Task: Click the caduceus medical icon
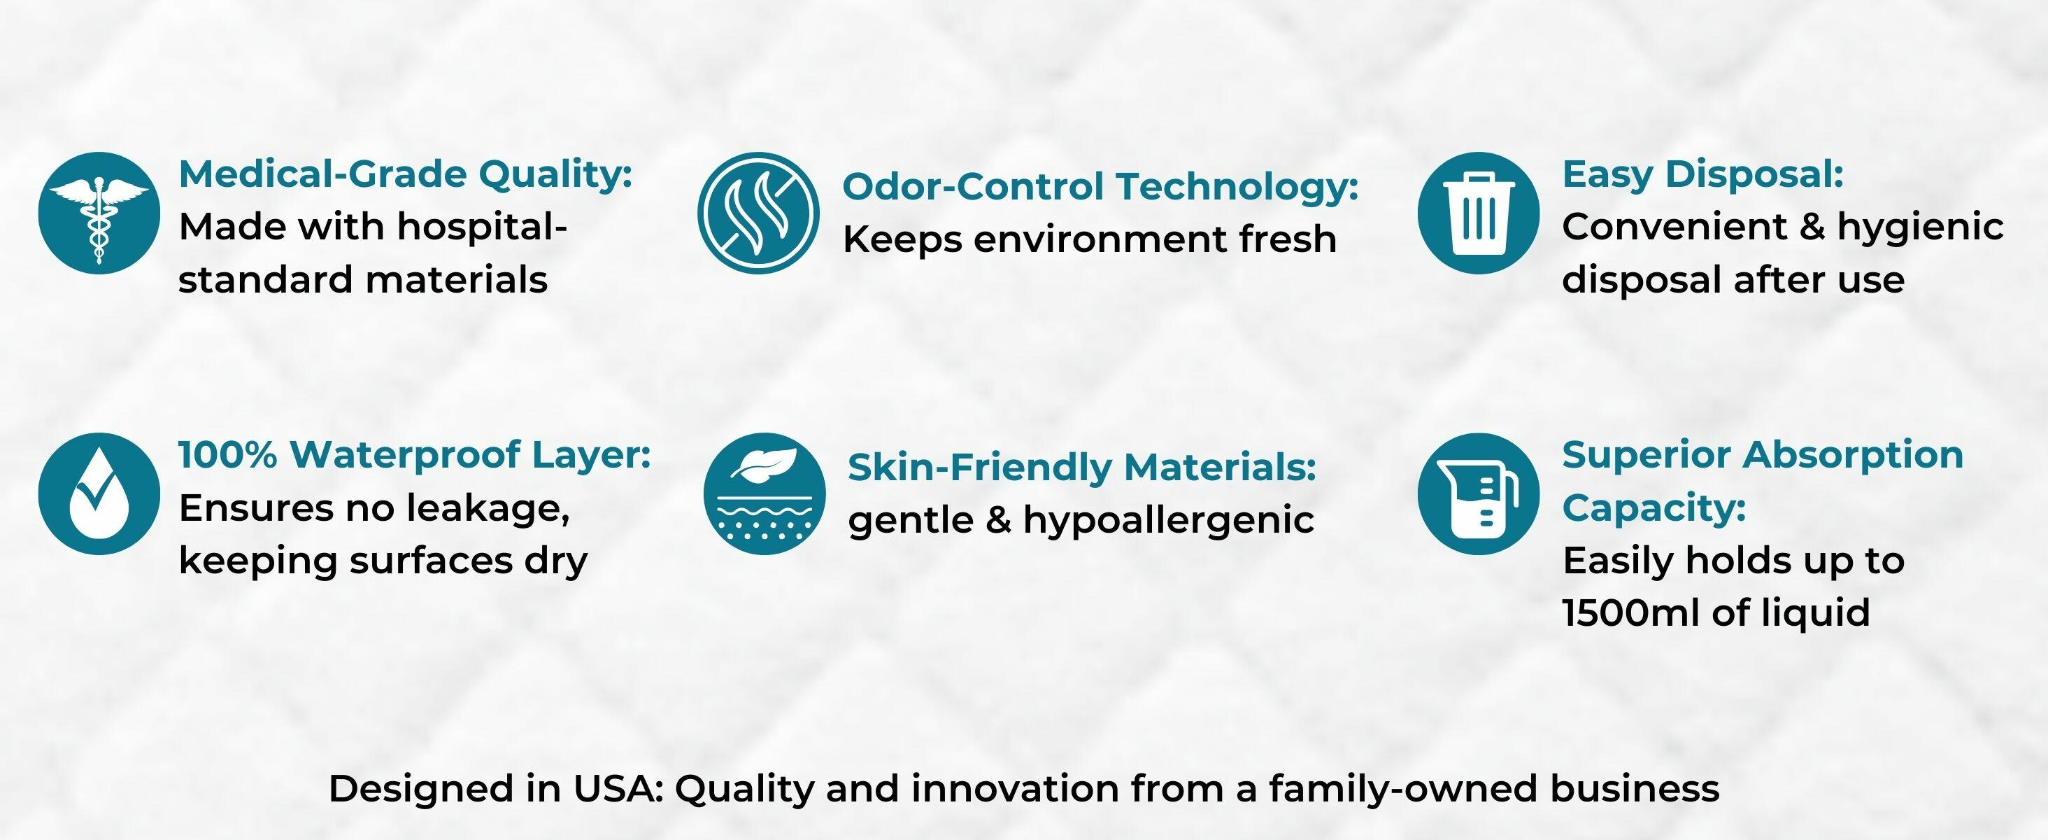(x=99, y=213)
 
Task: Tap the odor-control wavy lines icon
(x=758, y=213)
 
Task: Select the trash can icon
(x=1478, y=213)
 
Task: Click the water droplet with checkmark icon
(x=99, y=494)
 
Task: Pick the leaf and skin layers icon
(x=764, y=494)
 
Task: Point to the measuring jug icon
(x=1478, y=494)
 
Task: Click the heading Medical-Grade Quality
(x=406, y=175)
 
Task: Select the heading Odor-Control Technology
(x=1100, y=187)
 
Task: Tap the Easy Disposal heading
(x=1703, y=175)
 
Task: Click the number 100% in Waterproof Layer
(x=228, y=455)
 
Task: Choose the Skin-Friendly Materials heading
(x=1082, y=468)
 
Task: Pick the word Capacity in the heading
(x=1654, y=508)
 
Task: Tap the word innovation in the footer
(x=1015, y=789)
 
